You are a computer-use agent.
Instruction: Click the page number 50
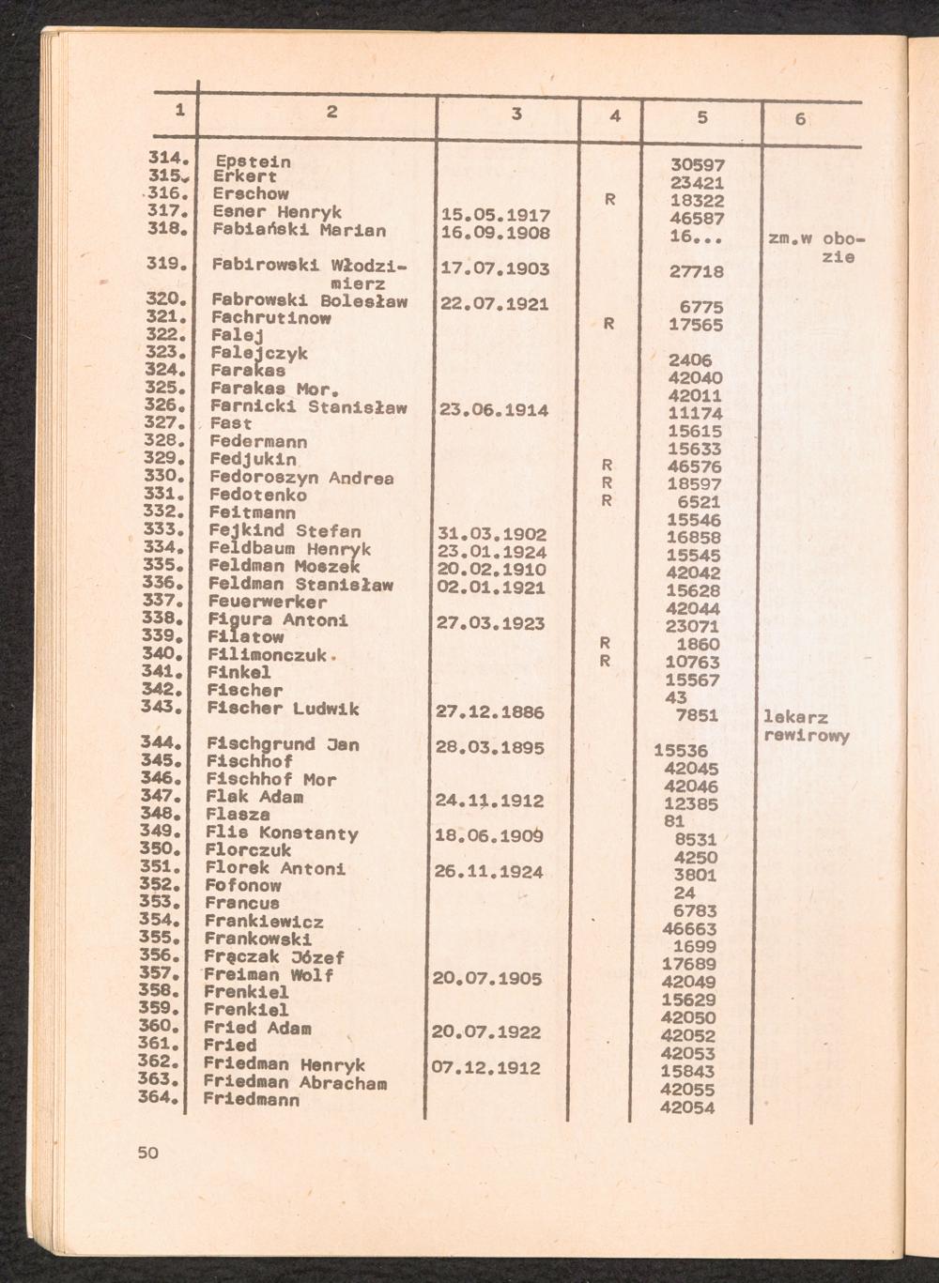pyautogui.click(x=148, y=1153)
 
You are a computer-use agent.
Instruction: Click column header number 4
pyautogui.click(x=614, y=116)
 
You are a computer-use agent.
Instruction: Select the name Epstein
pyautogui.click(x=252, y=160)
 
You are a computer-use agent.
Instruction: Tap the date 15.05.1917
pyautogui.click(x=494, y=216)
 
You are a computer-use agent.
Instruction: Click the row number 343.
pyautogui.click(x=162, y=707)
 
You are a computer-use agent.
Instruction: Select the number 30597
pyautogui.click(x=697, y=164)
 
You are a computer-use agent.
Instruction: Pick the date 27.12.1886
pyautogui.click(x=490, y=712)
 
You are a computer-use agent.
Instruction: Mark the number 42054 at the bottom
pyautogui.click(x=687, y=1107)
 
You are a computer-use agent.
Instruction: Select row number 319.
pyautogui.click(x=163, y=265)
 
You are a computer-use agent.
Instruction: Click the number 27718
pyautogui.click(x=697, y=271)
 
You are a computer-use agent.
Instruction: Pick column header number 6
pyautogui.click(x=799, y=119)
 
